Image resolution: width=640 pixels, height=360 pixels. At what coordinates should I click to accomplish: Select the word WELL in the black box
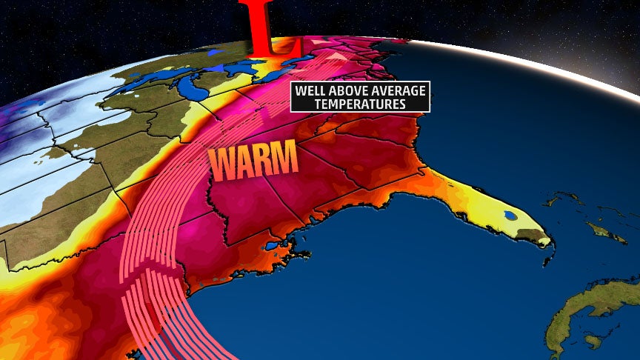pos(312,92)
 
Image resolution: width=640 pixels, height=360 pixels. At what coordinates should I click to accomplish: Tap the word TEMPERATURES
pos(360,104)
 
